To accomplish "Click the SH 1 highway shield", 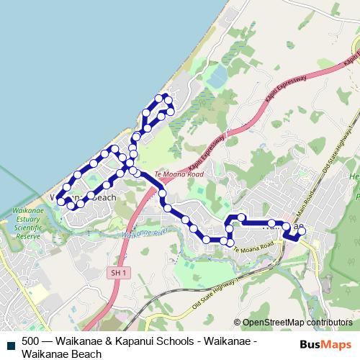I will tap(120, 273).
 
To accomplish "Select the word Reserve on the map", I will tap(28, 235).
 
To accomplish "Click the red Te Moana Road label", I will tap(179, 174).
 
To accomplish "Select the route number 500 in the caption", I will tap(31, 341).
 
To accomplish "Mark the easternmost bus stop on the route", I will tap(302, 230).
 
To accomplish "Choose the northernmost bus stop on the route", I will tap(166, 96).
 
